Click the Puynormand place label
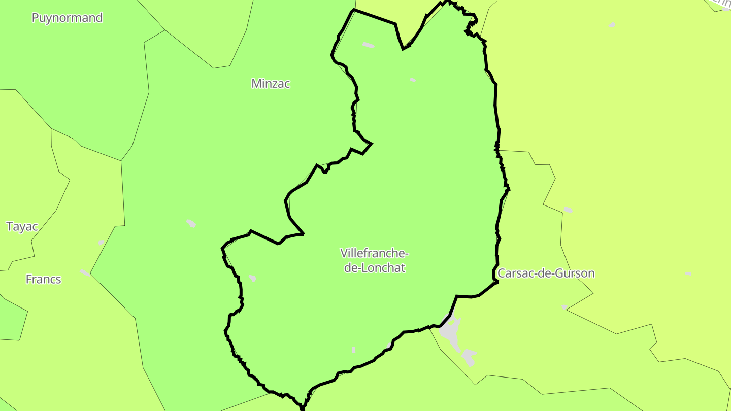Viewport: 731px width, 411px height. pos(67,18)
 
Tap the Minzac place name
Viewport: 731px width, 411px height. pos(271,84)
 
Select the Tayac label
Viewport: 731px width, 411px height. pos(22,226)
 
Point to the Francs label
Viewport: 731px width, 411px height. pos(43,279)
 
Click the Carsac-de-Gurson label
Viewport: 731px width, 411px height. pos(546,273)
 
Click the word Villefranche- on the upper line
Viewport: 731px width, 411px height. pos(374,253)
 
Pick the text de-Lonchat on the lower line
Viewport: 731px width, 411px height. pos(375,268)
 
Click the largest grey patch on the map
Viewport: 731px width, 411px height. pos(450,331)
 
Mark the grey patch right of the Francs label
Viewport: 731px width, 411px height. pos(84,273)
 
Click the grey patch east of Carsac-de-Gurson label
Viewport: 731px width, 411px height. pos(688,273)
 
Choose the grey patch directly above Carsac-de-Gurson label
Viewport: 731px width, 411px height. pos(568,210)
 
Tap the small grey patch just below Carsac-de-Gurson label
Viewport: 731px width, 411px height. pos(564,307)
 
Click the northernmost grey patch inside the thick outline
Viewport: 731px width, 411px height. pos(369,45)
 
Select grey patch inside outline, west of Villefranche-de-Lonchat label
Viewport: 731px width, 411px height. pos(252,278)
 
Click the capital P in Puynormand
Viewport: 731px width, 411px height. pos(36,18)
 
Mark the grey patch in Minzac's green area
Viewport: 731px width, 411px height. pos(191,223)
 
